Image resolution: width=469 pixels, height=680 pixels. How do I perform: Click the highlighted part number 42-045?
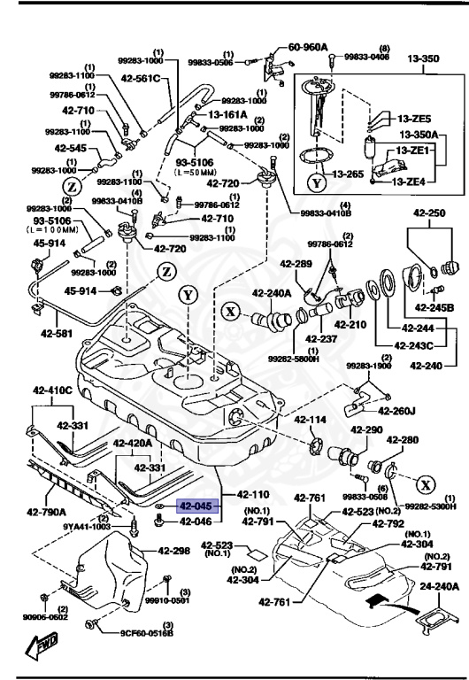tap(196, 507)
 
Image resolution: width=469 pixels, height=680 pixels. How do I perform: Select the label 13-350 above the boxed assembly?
tap(423, 60)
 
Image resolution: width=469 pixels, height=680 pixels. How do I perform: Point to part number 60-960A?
tap(308, 47)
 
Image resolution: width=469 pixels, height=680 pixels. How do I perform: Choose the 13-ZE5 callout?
tap(413, 119)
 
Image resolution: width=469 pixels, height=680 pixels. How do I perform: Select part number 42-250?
tap(429, 213)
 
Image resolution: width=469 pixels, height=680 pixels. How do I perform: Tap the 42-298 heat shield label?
tap(174, 551)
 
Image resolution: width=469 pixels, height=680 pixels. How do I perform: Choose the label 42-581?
tap(57, 334)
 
